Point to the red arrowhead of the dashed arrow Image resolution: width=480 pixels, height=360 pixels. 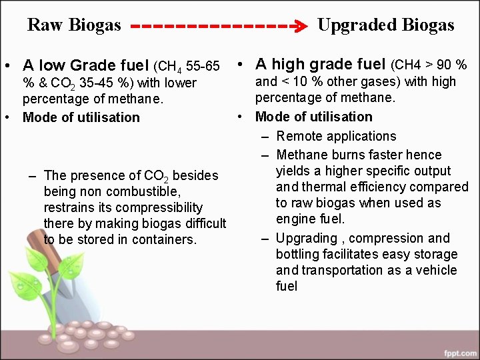click(301, 27)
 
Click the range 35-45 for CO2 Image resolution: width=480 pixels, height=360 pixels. click(89, 83)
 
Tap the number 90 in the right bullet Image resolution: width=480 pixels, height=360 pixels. click(444, 65)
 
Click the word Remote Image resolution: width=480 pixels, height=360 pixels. click(298, 137)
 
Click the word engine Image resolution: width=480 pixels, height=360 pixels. click(296, 219)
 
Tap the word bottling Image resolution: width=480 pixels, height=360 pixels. click(299, 255)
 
